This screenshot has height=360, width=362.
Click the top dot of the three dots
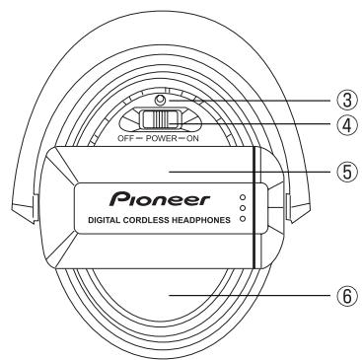pyautogui.click(x=243, y=197)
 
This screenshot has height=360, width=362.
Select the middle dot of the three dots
pyautogui.click(x=243, y=208)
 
